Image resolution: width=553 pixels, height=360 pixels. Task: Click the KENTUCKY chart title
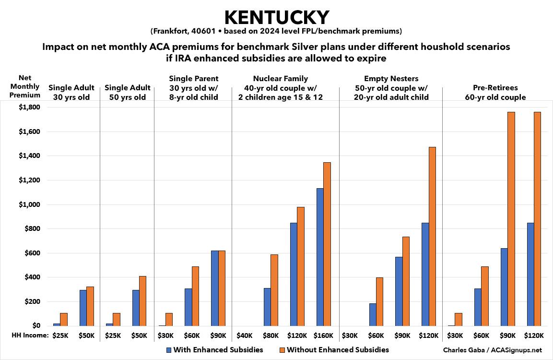(277, 17)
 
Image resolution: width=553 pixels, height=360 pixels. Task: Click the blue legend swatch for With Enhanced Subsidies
(169, 350)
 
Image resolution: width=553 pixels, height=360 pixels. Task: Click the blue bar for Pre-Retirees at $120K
(530, 274)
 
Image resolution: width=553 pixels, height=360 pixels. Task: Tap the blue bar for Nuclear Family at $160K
(320, 257)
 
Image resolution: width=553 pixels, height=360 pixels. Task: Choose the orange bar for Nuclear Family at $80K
(274, 290)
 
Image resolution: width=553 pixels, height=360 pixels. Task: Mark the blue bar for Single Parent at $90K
(214, 288)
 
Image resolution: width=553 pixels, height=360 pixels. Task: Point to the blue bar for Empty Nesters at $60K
(373, 314)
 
